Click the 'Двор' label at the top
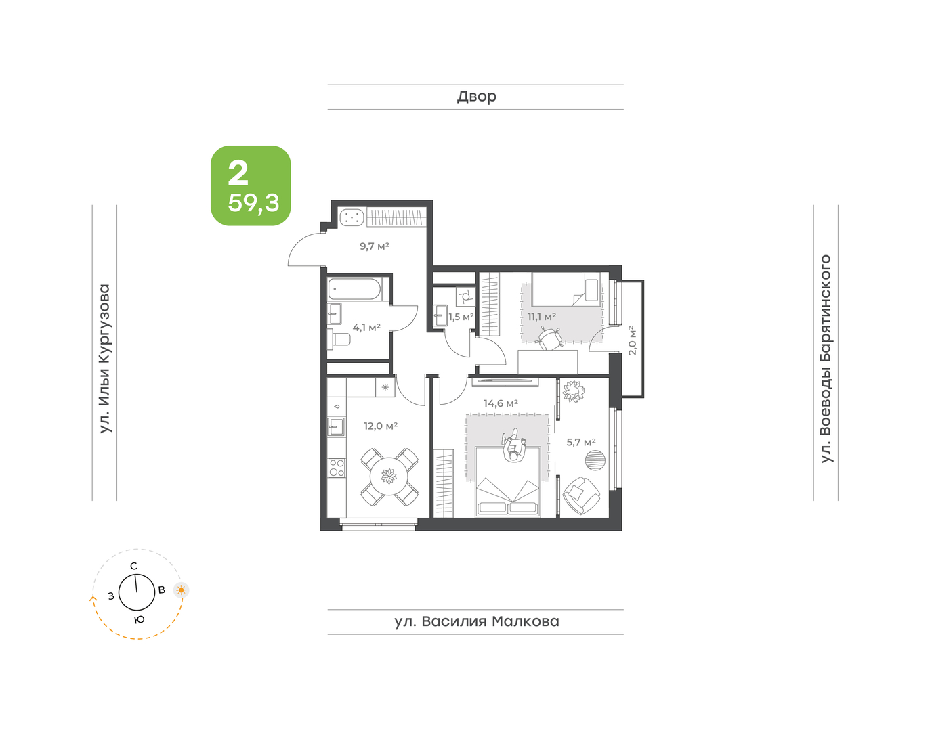(x=477, y=97)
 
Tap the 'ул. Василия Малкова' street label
(x=477, y=621)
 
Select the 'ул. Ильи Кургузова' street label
(x=105, y=358)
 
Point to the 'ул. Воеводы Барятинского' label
(x=826, y=359)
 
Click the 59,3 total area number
(x=253, y=203)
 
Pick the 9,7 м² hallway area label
(x=374, y=246)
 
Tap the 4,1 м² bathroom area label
(x=366, y=328)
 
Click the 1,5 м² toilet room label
(x=461, y=317)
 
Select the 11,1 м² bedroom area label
(x=542, y=317)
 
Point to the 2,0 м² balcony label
(x=632, y=340)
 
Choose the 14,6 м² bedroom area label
(x=501, y=403)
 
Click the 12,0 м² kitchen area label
(x=381, y=426)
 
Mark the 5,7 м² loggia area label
(x=580, y=442)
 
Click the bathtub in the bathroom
(x=354, y=289)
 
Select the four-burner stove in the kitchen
(x=337, y=468)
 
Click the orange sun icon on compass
(x=182, y=590)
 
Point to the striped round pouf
(x=595, y=460)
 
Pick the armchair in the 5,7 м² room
(x=580, y=495)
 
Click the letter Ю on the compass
(x=139, y=619)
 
